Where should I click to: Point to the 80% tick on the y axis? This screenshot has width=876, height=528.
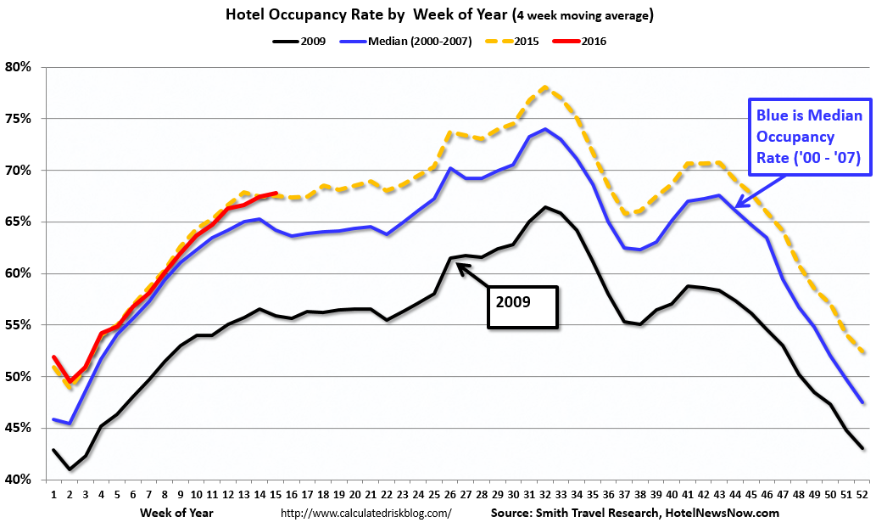click(x=19, y=67)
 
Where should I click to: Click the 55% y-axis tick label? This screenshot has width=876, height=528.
click(x=19, y=325)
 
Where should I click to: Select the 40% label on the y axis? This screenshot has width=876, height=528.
click(x=19, y=480)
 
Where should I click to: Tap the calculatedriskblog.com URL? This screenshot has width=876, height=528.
click(x=365, y=513)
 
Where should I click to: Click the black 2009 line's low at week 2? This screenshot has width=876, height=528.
click(x=70, y=469)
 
